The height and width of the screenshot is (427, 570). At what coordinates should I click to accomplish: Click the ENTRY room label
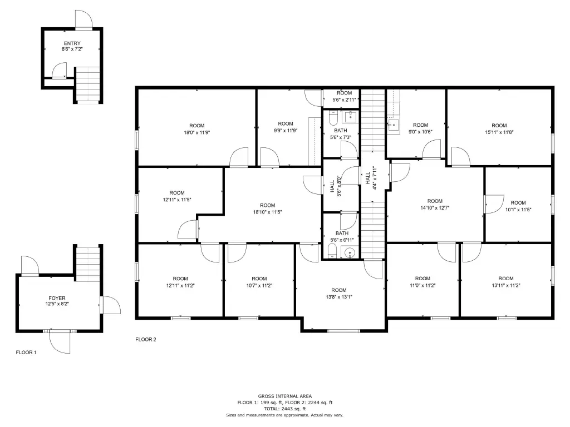tap(72, 43)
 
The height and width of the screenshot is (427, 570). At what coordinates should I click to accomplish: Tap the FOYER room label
tap(57, 298)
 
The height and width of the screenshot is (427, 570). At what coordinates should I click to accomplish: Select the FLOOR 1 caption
tap(26, 352)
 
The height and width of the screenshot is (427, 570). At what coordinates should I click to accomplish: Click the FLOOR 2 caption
tap(146, 340)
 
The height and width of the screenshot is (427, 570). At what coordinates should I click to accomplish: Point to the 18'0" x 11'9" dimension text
tap(196, 132)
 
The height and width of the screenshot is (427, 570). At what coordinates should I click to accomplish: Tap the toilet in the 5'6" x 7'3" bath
tap(333, 118)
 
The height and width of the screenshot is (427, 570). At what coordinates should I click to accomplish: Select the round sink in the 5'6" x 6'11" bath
tap(350, 252)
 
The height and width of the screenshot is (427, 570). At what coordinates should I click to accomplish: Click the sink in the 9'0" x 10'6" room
tap(394, 125)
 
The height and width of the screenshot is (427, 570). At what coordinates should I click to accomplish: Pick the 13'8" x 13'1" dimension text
tap(339, 297)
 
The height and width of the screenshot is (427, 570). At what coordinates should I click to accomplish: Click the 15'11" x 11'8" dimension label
tap(499, 132)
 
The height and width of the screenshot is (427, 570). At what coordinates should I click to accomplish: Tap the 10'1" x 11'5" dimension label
tap(518, 210)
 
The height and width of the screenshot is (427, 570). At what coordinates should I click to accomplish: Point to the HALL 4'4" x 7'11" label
tap(371, 178)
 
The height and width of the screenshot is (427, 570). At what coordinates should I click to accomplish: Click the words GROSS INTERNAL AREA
tap(285, 396)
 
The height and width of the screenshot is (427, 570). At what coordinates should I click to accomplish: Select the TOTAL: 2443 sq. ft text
tap(285, 409)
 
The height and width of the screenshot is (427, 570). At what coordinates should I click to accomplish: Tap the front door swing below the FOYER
tap(60, 342)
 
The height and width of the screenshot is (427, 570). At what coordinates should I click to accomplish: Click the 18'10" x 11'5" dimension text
tap(268, 212)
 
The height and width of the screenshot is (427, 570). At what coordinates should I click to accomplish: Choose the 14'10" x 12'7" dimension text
tap(435, 208)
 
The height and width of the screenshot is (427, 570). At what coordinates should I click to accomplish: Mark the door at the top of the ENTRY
tap(84, 19)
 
